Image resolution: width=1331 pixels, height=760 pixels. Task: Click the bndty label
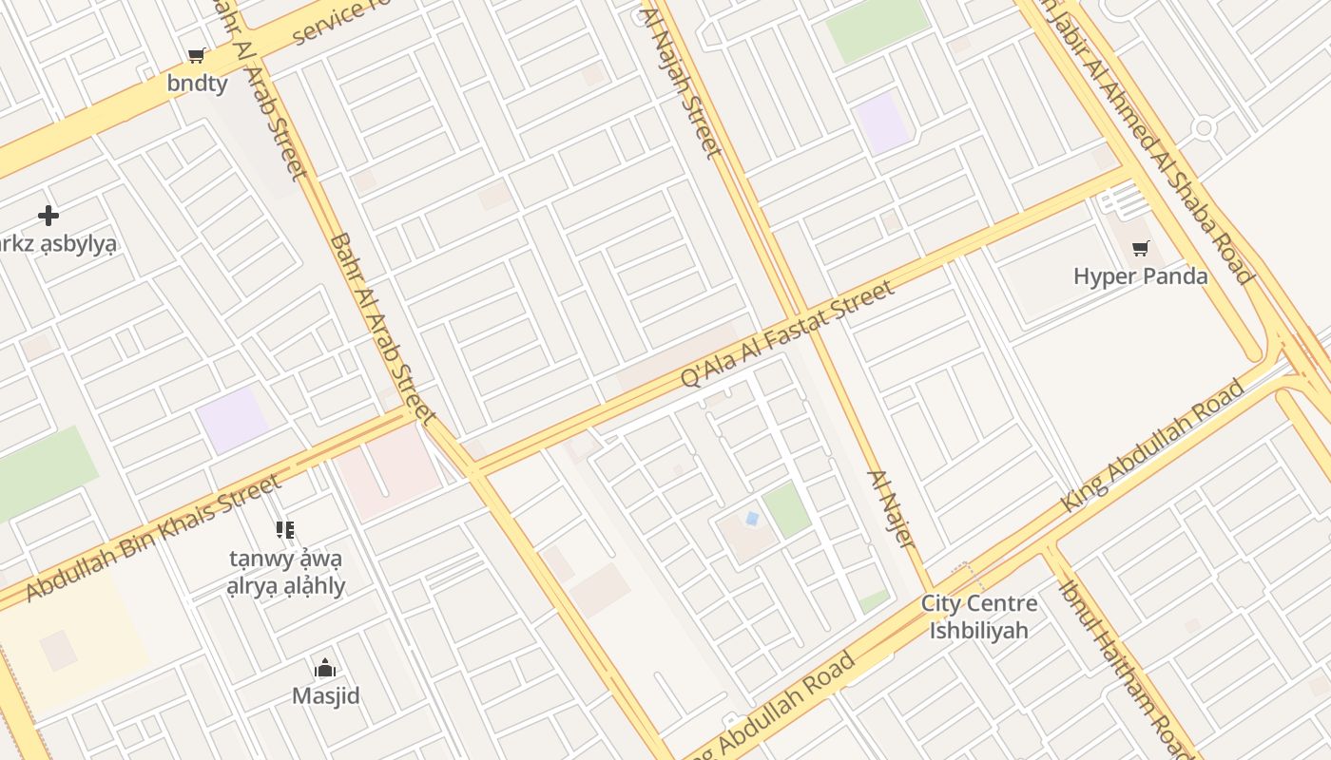tap(197, 84)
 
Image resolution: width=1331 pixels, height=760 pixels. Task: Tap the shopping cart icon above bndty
tap(197, 56)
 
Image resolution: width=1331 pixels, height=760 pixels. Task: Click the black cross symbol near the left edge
tap(48, 216)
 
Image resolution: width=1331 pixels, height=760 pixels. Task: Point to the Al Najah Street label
tap(681, 81)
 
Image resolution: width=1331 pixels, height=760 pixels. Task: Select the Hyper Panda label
tap(1140, 276)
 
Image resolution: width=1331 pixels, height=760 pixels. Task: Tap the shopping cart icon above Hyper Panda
tap(1140, 249)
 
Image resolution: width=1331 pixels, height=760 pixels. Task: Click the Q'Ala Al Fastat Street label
tap(787, 333)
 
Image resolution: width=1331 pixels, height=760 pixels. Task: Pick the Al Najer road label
tap(891, 509)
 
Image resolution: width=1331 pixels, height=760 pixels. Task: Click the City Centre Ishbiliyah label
tap(979, 617)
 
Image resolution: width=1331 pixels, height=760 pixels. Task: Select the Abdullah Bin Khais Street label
tap(154, 538)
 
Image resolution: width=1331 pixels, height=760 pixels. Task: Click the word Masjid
tap(325, 696)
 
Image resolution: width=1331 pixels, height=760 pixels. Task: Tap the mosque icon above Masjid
tap(325, 669)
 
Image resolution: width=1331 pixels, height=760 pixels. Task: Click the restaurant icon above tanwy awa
tap(285, 530)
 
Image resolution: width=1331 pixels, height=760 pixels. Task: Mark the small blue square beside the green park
tap(752, 519)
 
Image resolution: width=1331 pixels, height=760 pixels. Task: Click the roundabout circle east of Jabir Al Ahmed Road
tap(1204, 127)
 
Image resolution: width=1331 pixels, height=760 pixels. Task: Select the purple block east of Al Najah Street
tap(883, 123)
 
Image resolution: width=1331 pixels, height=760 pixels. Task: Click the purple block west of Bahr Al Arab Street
tap(232, 419)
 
